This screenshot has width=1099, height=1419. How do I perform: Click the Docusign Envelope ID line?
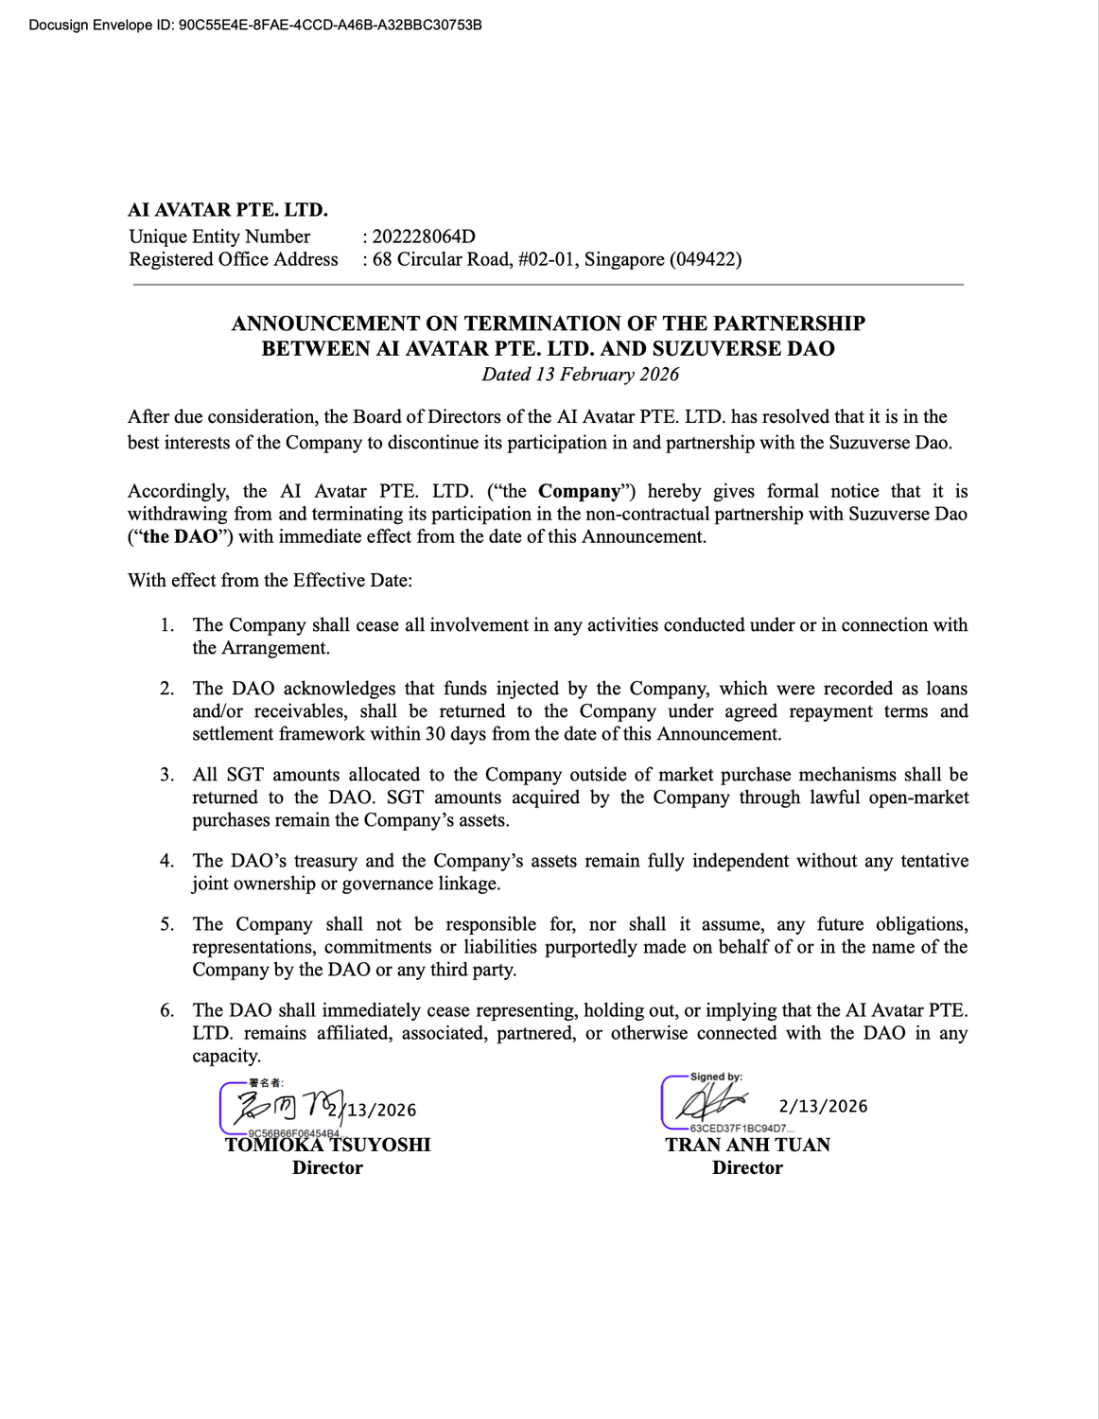[x=255, y=25]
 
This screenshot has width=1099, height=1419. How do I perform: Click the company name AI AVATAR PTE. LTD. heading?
[x=228, y=210]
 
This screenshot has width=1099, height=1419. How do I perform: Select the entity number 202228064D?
[x=424, y=236]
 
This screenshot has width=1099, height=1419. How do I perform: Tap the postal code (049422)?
[x=706, y=259]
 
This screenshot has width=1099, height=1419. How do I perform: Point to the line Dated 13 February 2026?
[x=580, y=374]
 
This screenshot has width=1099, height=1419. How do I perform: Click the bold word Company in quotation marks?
[x=579, y=491]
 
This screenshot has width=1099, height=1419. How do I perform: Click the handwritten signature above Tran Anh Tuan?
[x=706, y=1103]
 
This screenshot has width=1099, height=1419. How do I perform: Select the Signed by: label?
[x=716, y=1077]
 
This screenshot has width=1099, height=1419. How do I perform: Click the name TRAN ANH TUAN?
[x=747, y=1145]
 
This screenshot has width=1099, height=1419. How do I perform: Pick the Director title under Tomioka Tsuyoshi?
[x=327, y=1167]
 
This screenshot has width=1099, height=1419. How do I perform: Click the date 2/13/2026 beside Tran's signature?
[x=823, y=1106]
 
